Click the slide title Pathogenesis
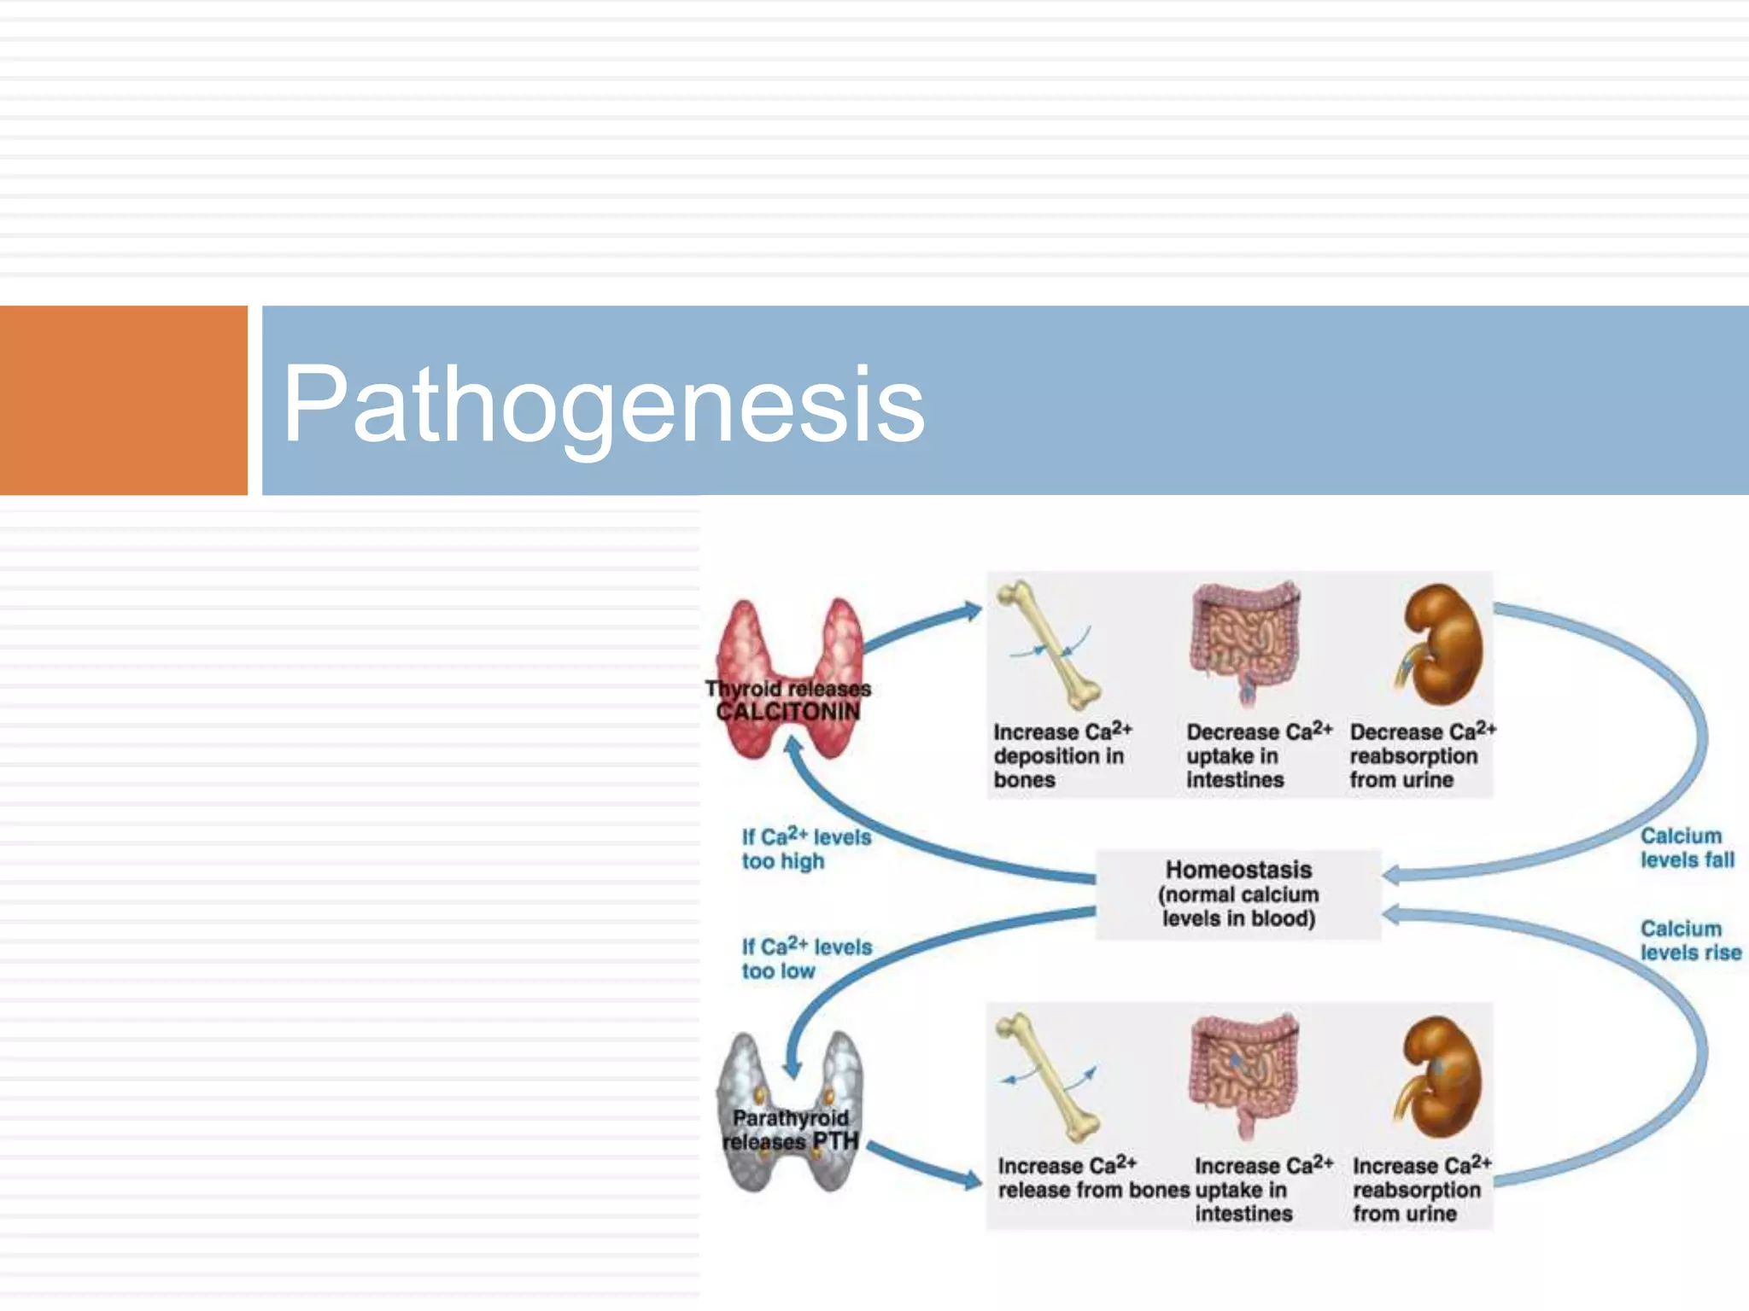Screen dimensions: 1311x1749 click(603, 403)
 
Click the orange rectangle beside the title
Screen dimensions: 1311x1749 click(123, 400)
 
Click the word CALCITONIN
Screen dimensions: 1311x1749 click(787, 712)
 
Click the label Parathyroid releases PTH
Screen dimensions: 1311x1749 click(790, 1130)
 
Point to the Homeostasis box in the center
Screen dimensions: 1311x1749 click(1238, 894)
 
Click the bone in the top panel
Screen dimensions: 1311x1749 click(1050, 644)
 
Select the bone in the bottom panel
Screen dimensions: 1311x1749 click(1048, 1077)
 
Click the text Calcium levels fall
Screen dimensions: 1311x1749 click(1686, 848)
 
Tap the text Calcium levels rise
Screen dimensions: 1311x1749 click(1689, 941)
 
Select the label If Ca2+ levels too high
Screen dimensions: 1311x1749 click(804, 848)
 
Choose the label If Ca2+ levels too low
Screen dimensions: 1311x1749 click(804, 958)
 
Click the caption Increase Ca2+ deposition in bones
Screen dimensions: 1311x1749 click(1061, 755)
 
